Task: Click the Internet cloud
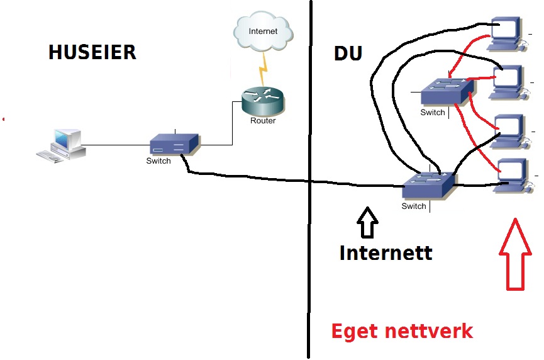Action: [264, 31]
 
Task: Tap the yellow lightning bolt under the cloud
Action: [264, 69]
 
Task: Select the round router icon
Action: [263, 101]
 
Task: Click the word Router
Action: [263, 120]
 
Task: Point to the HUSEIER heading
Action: [92, 52]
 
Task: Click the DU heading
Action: [348, 53]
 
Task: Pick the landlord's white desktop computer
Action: [62, 146]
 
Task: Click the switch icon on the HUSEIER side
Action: [175, 144]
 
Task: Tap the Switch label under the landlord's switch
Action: [158, 160]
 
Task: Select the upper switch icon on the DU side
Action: [447, 91]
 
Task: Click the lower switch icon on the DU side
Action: [428, 185]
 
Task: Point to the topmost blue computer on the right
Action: [508, 34]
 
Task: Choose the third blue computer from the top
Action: [510, 132]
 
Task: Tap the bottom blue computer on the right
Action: [513, 176]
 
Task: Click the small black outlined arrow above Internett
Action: [367, 222]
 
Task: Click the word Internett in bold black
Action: [386, 252]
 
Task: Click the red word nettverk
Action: [429, 331]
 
